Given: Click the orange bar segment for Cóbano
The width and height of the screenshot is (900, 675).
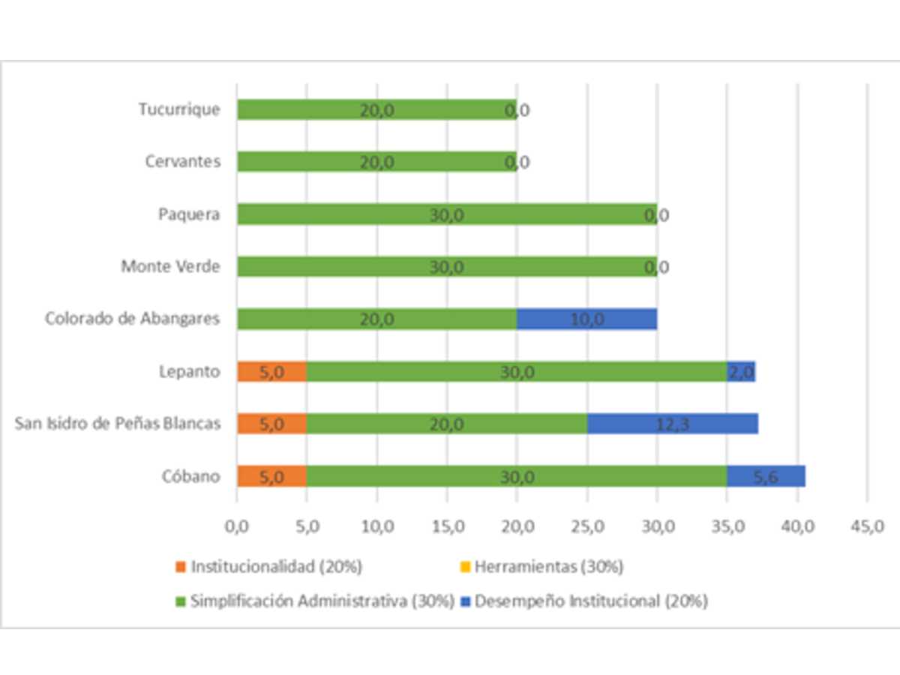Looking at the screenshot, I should coord(271,476).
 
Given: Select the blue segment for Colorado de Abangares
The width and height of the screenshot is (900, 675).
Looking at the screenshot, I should coord(586,319).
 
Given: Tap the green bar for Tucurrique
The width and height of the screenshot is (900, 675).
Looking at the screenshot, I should coord(376,109).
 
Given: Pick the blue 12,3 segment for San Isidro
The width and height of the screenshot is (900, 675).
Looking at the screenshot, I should coord(672,424).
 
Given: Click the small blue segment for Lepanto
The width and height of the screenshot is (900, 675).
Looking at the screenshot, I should coord(741,371).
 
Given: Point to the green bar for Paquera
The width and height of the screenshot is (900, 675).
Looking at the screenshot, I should coord(447,214).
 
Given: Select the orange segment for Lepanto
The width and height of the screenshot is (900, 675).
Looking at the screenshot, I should coord(271,371).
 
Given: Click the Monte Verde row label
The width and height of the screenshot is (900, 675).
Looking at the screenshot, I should coord(170,266).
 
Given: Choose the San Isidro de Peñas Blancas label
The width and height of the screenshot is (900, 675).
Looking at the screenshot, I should coord(118,424).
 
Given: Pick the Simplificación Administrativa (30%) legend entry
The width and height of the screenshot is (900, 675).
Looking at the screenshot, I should coord(315,601).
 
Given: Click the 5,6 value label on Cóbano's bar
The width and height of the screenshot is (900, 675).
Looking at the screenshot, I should coord(766,477).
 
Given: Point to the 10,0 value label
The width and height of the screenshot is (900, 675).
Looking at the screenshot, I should coord(586,319).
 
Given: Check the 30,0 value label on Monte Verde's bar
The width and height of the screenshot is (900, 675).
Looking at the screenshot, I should coord(447,267).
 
